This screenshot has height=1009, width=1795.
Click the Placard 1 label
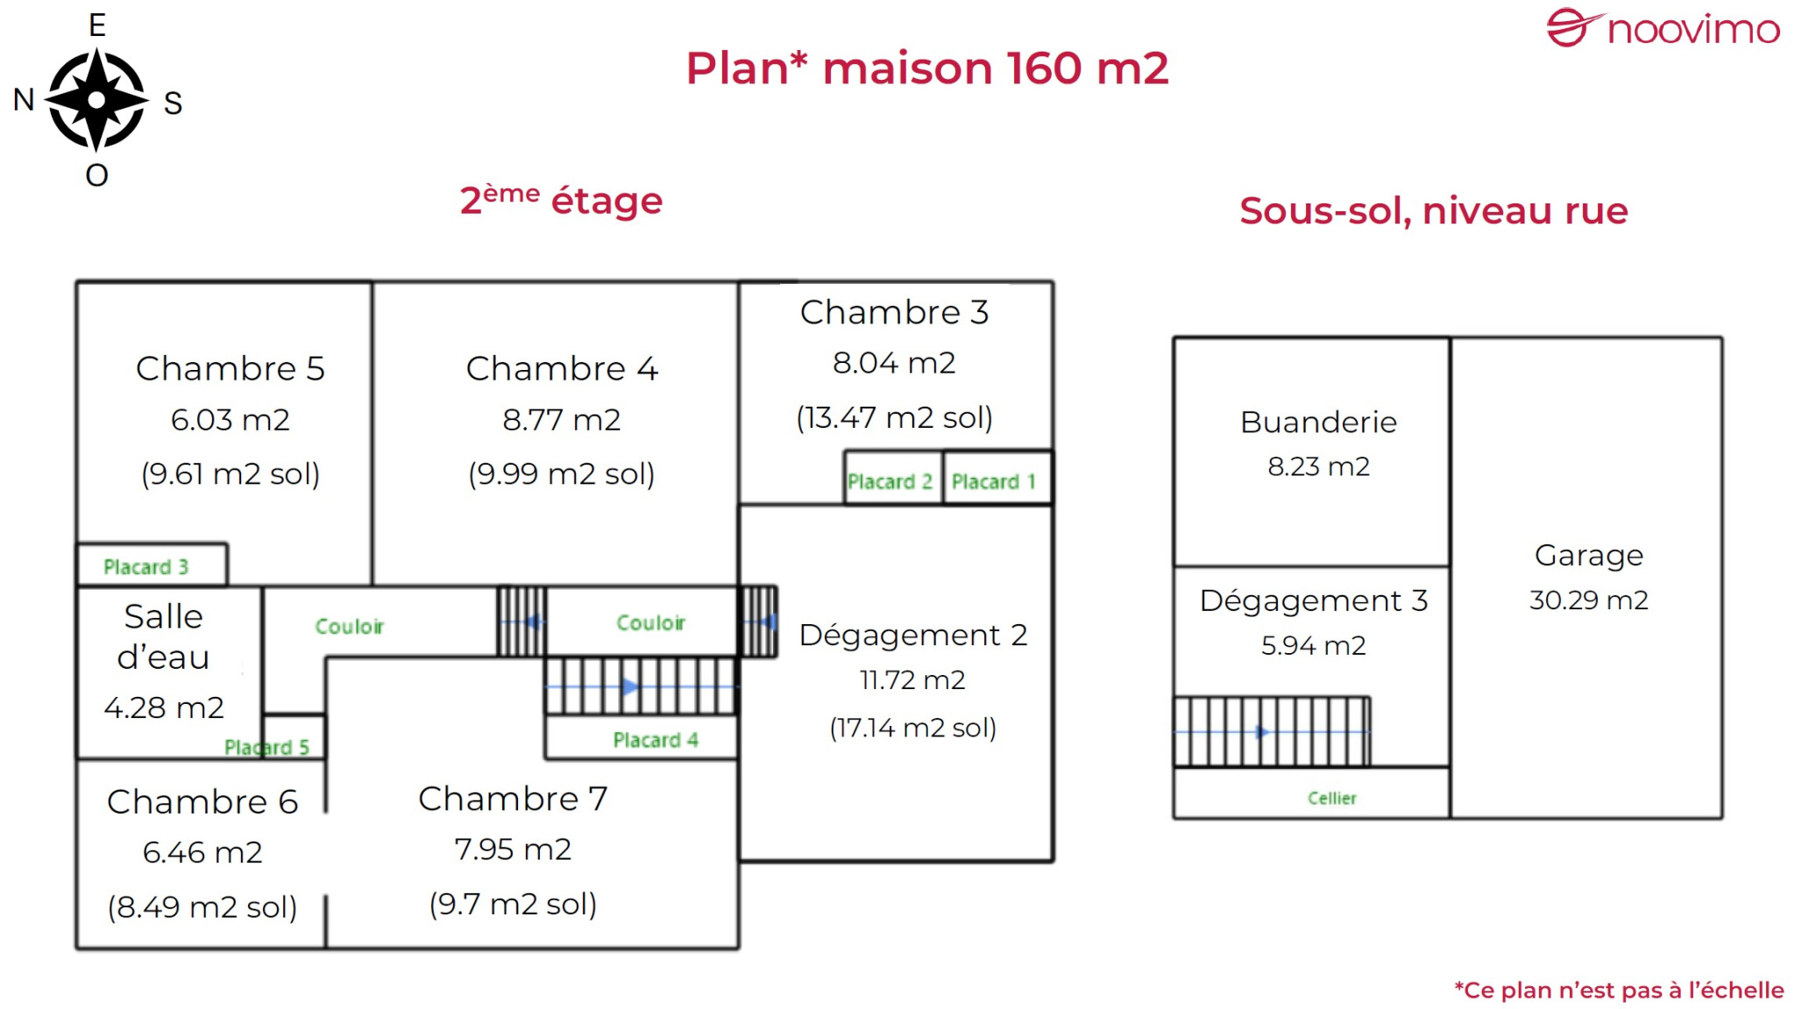[x=993, y=481]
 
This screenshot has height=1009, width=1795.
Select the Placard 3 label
[x=145, y=567]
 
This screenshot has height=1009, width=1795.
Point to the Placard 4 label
[x=655, y=740]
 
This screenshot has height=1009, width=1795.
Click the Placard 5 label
[x=266, y=747]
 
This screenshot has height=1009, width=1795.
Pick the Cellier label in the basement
[x=1331, y=798]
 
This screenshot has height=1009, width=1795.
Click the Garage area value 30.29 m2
[x=1588, y=600]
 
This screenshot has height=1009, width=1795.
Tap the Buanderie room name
[x=1318, y=423]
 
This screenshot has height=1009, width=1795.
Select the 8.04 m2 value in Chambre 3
[x=894, y=362]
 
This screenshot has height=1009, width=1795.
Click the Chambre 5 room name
[x=230, y=368]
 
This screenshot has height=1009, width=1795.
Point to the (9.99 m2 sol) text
[x=561, y=473]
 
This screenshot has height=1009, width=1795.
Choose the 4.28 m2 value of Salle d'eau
[x=164, y=707]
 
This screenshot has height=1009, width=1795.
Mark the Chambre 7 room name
[x=513, y=798]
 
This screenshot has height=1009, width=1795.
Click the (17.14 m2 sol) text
[x=912, y=727]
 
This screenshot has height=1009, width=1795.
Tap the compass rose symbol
[x=96, y=100]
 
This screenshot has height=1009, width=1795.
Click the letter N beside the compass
[x=24, y=100]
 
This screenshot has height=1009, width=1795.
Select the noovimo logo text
[x=1692, y=30]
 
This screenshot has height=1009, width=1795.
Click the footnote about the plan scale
[x=1619, y=990]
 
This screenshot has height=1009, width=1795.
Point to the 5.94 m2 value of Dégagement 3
[x=1313, y=645]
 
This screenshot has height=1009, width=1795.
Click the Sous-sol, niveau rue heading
[x=1433, y=210]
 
